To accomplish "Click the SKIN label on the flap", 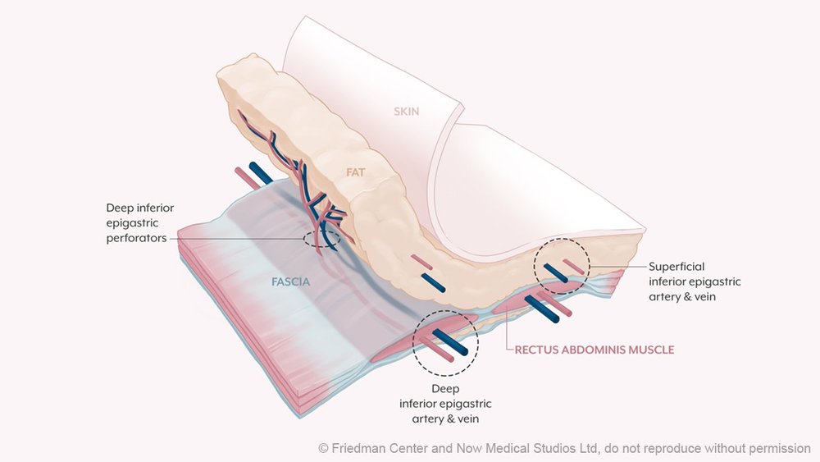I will click(406, 111).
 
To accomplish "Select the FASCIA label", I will click(293, 281).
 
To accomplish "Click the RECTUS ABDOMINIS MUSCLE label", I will click(594, 350).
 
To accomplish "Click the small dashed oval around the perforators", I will click(320, 239).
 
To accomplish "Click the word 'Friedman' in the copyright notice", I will click(358, 448).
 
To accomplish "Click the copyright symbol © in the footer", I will click(323, 448).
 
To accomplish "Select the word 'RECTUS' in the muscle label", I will click(535, 350).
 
